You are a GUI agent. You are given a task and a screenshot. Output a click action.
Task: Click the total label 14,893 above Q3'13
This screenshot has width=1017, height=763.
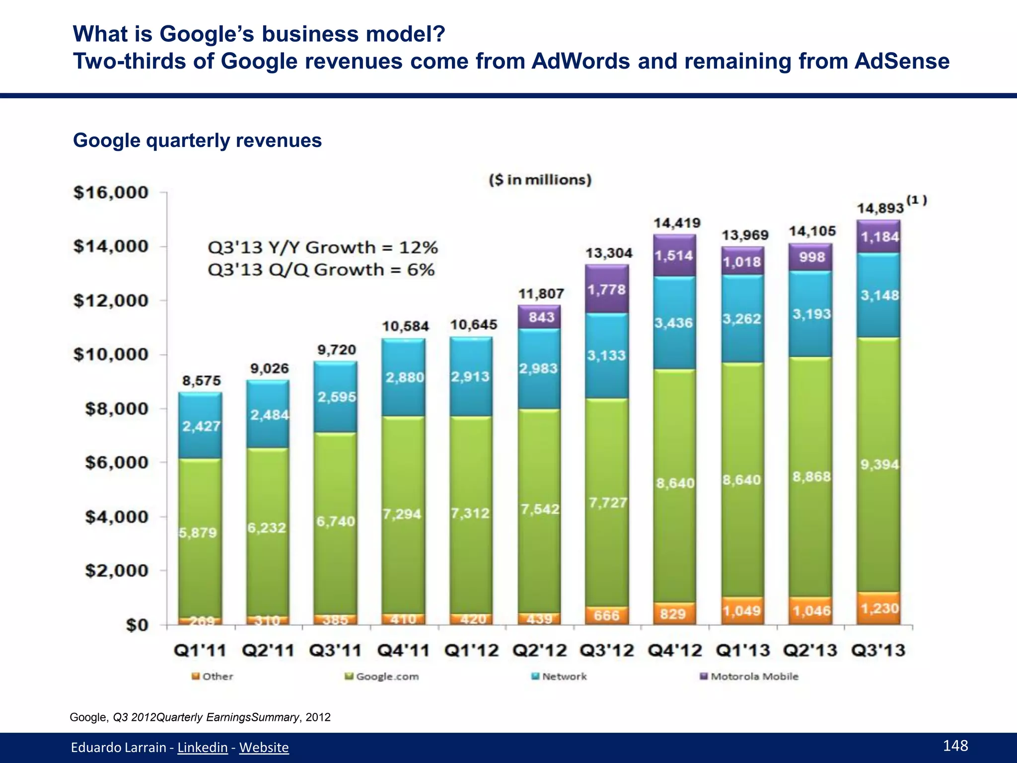pyautogui.click(x=880, y=208)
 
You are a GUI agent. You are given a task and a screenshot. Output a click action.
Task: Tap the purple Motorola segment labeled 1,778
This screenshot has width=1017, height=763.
pyautogui.click(x=606, y=290)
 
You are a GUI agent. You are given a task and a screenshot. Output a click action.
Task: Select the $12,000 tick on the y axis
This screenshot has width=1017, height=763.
pyautogui.click(x=111, y=301)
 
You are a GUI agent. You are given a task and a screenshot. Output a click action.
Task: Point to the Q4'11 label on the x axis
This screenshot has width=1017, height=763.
pyautogui.click(x=403, y=650)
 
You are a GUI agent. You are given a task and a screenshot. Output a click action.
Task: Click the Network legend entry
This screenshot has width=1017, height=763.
pyautogui.click(x=559, y=677)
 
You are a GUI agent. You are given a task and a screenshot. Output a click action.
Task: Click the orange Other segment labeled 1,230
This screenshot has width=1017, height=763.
pyautogui.click(x=879, y=609)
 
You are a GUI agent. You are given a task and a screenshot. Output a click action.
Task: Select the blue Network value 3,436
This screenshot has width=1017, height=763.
pyautogui.click(x=673, y=323)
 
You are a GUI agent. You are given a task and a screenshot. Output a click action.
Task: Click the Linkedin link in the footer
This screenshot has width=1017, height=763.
pyautogui.click(x=202, y=747)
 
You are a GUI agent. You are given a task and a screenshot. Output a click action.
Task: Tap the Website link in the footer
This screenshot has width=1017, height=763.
pyautogui.click(x=264, y=747)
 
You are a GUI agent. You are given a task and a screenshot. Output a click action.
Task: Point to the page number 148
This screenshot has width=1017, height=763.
pyautogui.click(x=955, y=745)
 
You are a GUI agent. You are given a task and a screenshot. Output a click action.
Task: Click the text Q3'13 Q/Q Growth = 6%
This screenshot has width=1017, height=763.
pyautogui.click(x=321, y=270)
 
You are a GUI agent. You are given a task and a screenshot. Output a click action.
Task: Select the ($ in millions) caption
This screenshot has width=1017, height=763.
pyautogui.click(x=540, y=180)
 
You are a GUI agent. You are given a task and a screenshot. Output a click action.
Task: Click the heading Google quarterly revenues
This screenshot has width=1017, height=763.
pyautogui.click(x=197, y=141)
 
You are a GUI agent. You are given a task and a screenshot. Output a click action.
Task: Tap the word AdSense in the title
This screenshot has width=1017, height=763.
pyautogui.click(x=902, y=62)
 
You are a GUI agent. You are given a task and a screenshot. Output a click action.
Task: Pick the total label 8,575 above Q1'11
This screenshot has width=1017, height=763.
pyautogui.click(x=201, y=381)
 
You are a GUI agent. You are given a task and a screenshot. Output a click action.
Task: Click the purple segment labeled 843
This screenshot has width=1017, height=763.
pyautogui.click(x=541, y=317)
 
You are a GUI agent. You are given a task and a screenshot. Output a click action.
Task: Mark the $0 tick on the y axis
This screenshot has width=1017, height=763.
pyautogui.click(x=137, y=625)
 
